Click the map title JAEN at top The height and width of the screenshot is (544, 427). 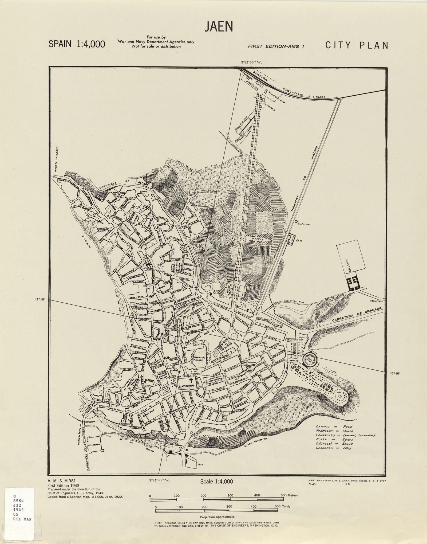219,26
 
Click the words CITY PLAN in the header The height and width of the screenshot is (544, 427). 356,45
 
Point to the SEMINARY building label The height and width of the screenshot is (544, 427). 94,445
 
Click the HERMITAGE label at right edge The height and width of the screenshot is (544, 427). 376,301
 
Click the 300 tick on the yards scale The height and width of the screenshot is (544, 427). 229,506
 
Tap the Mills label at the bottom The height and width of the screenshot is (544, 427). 201,464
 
